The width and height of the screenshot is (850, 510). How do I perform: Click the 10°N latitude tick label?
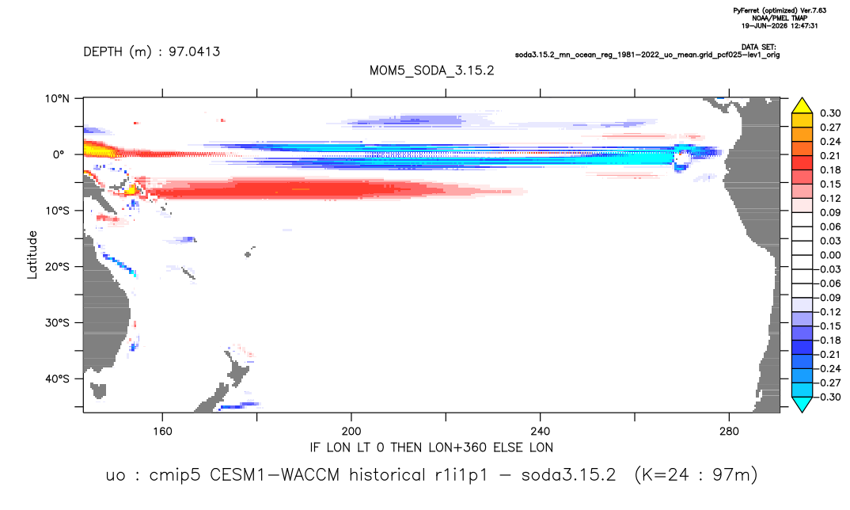coord(57,98)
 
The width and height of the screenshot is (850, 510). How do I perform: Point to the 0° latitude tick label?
coord(59,154)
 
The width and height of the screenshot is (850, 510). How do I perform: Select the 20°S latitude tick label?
coord(57,266)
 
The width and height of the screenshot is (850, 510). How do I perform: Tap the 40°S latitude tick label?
coord(57,379)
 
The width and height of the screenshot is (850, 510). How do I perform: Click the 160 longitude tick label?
coord(162,432)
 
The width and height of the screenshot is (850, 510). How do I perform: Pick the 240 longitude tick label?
coord(540,432)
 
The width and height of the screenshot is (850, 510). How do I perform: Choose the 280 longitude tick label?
coord(729,432)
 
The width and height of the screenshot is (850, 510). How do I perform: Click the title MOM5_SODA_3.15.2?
coord(431,70)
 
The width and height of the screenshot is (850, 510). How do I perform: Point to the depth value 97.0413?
coord(194,51)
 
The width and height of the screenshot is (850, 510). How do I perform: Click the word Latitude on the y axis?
coord(32,255)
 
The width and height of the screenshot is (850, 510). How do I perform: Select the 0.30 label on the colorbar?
coord(830,113)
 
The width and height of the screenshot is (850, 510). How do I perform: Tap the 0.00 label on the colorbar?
coord(830,255)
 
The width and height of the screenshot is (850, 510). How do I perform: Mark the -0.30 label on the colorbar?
coord(828,397)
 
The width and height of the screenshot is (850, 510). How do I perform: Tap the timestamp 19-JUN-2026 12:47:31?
coord(780,25)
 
